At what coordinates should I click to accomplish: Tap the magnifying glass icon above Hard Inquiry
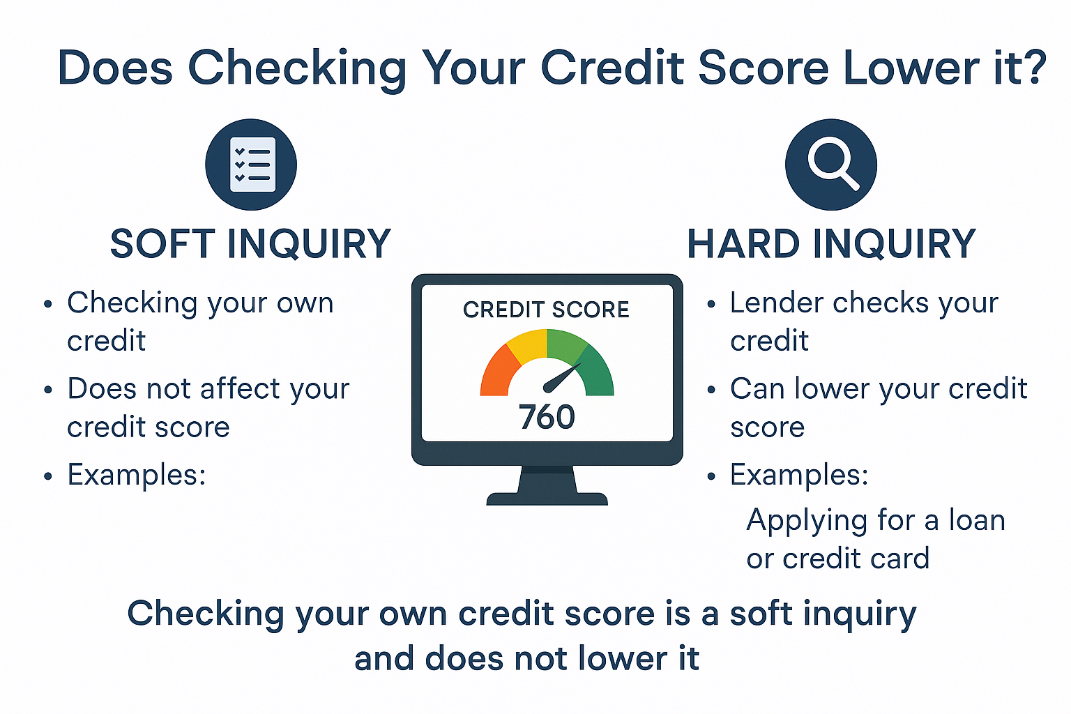tap(831, 165)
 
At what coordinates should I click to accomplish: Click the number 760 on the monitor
tap(547, 417)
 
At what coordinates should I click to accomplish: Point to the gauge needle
tap(563, 378)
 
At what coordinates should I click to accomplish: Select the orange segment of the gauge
tap(497, 373)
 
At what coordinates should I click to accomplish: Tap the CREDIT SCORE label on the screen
tap(546, 310)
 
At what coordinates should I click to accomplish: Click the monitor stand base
tap(547, 499)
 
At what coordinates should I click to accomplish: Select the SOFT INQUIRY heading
tap(250, 244)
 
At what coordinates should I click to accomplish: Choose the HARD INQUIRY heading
tap(831, 244)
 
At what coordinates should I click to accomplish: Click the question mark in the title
tap(1034, 67)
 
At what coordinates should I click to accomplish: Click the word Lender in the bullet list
tap(777, 303)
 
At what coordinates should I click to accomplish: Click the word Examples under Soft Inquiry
tap(136, 474)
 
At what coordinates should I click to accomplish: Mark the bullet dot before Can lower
tap(711, 390)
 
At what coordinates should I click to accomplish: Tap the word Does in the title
tap(115, 67)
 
